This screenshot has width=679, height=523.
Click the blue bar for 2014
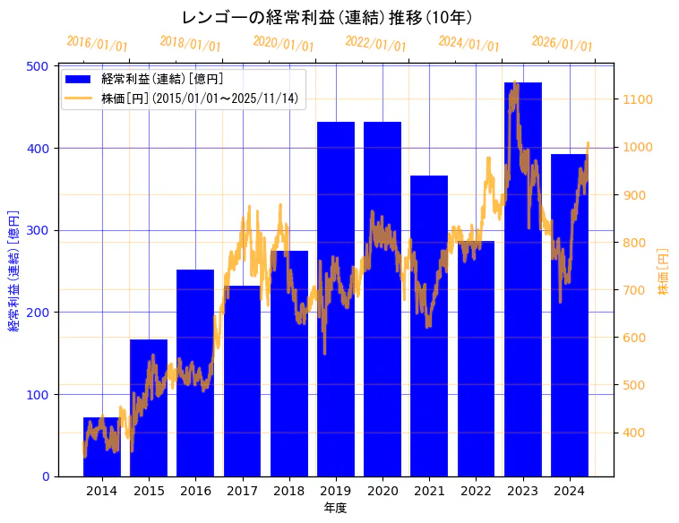point(102,447)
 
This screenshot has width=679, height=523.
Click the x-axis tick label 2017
point(242,491)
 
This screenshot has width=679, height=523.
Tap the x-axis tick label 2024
point(570,491)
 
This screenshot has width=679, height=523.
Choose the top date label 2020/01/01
point(283,43)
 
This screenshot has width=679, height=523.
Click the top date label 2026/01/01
point(562,43)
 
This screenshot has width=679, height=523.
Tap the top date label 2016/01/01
point(97,43)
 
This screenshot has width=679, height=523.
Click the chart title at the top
point(327,17)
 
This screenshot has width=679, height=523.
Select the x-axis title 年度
point(335,508)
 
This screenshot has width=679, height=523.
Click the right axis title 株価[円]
point(664,271)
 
